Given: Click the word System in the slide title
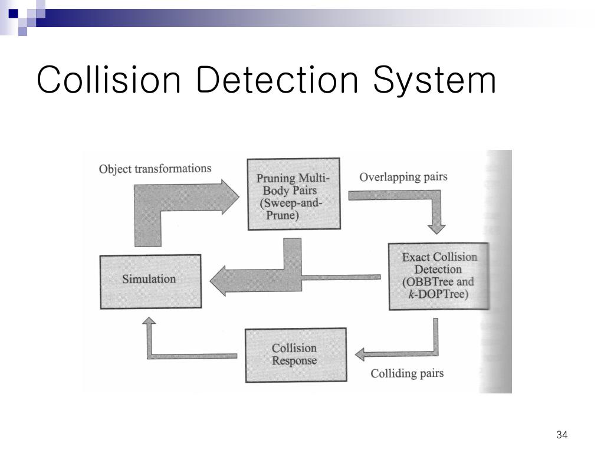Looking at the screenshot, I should [x=434, y=81].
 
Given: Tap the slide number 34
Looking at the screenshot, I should [x=561, y=435].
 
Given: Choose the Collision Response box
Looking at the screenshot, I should [x=294, y=354].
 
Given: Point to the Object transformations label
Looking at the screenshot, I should [x=155, y=169].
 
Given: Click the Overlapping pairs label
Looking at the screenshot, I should [x=403, y=177].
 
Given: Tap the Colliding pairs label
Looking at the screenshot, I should [x=407, y=373].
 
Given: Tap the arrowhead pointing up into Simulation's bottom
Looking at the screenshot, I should [x=149, y=323].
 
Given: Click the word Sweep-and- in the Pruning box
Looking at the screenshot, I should [x=293, y=203].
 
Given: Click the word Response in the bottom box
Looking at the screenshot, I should [x=294, y=361].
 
